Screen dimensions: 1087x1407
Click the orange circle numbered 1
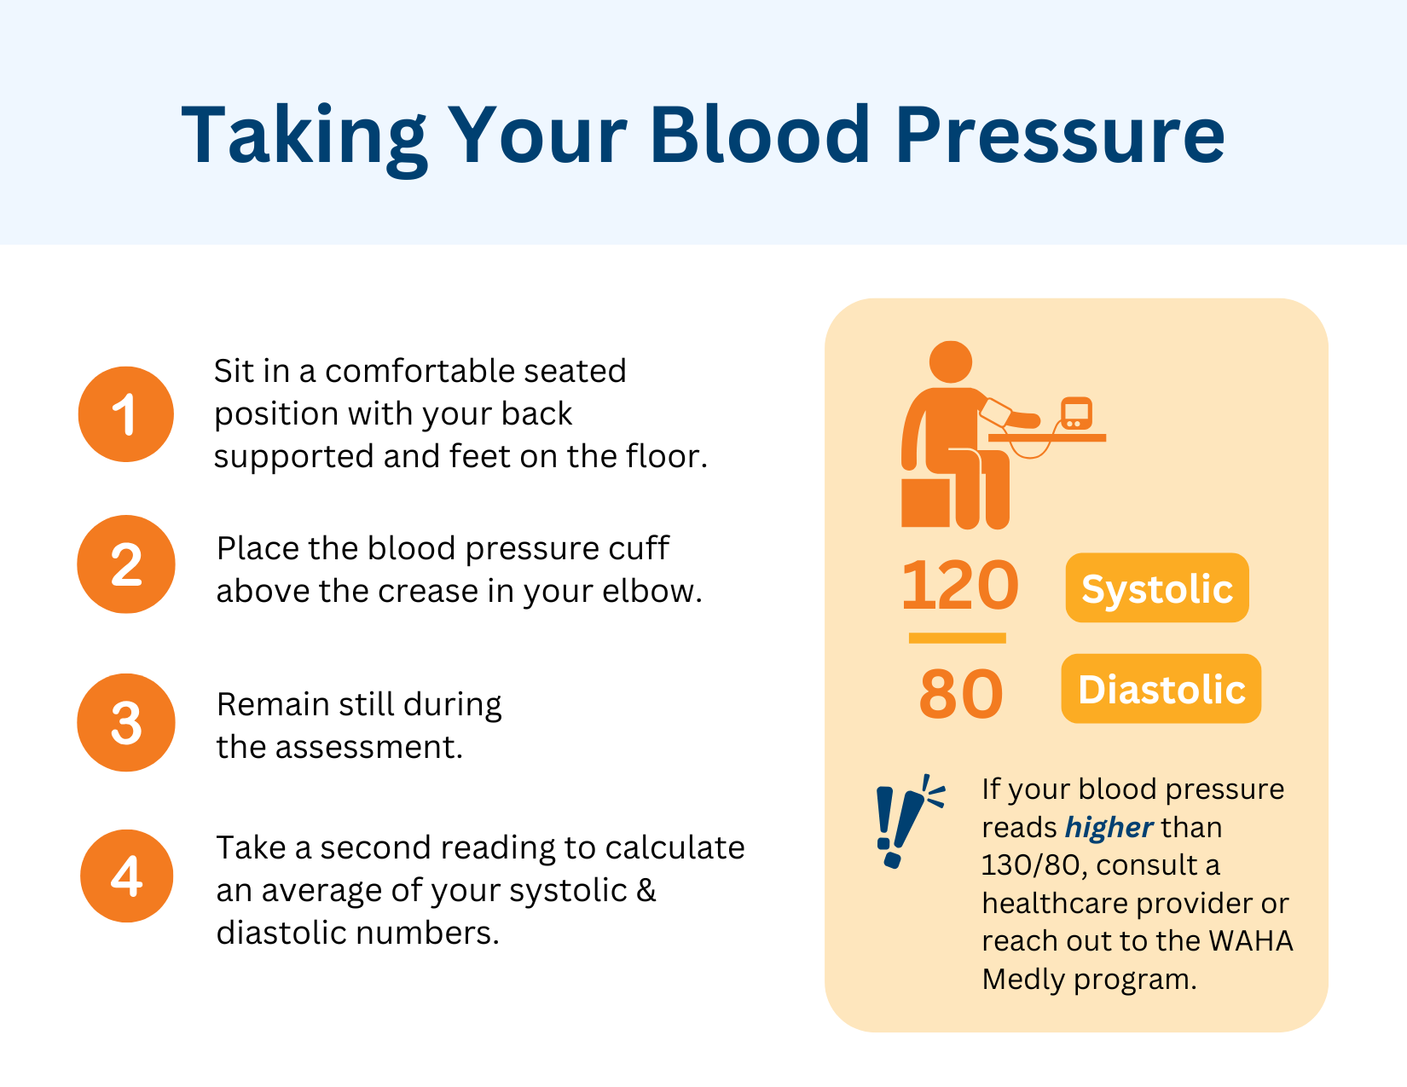point(126,414)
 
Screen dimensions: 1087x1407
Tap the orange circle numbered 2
point(126,564)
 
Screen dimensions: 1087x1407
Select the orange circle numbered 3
point(126,723)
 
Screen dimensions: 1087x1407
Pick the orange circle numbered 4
point(126,876)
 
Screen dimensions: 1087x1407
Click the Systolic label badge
point(1157,588)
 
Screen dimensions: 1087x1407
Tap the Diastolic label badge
point(1161,689)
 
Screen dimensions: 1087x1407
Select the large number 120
point(959,586)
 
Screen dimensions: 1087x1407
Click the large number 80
point(960,694)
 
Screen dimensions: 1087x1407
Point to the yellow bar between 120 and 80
point(957,638)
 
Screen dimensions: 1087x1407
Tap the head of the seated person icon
point(951,361)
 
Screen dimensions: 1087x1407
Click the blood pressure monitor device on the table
point(1076,414)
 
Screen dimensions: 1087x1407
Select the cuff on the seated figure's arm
point(996,413)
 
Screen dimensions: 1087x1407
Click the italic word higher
point(1109,827)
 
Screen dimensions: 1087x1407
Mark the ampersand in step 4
point(646,890)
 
